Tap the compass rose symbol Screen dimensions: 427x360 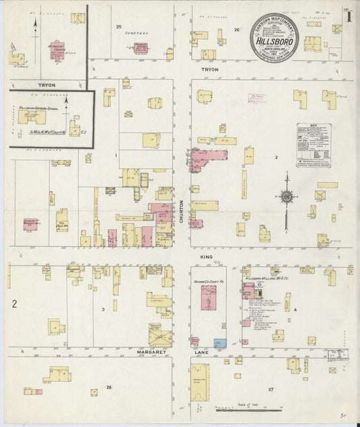coord(286,197)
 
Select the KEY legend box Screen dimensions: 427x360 coord(313,145)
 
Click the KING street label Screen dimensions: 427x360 coord(206,257)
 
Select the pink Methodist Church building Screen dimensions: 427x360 coord(57,51)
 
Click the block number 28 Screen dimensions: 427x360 coord(108,386)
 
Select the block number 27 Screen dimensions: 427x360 coord(271,390)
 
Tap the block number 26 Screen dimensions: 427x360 coord(236,30)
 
